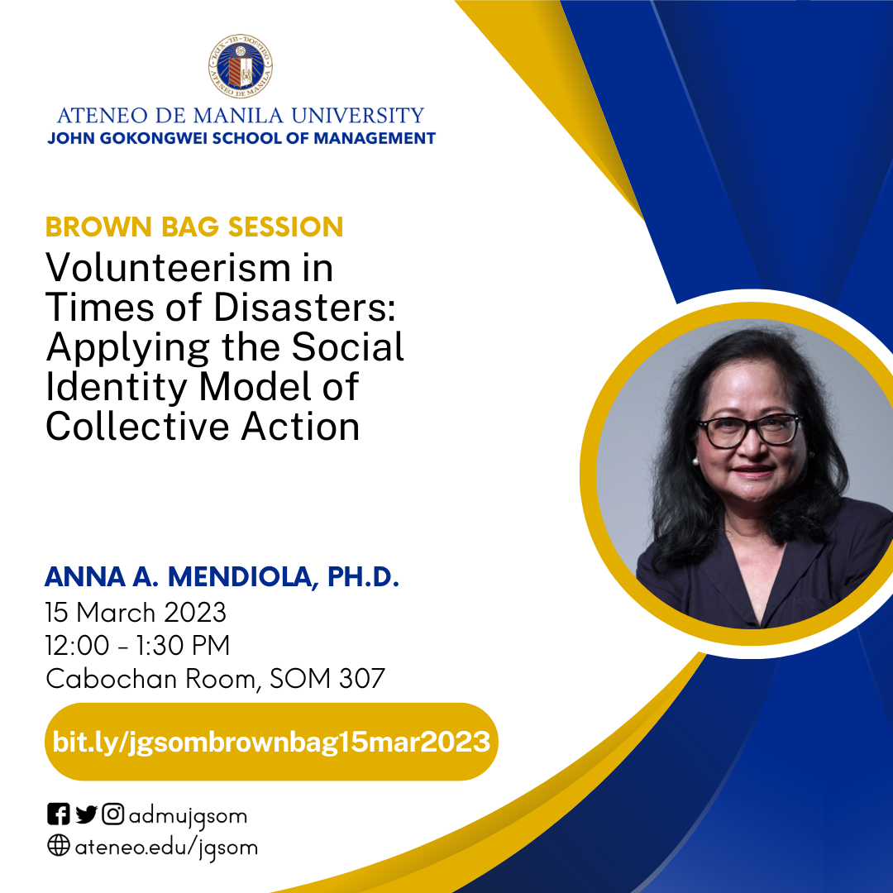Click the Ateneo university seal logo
pyautogui.click(x=241, y=67)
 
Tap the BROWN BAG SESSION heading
pyautogui.click(x=194, y=227)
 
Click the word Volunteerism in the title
pyautogui.click(x=190, y=268)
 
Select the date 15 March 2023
pyautogui.click(x=136, y=613)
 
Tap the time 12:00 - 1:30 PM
pyautogui.click(x=137, y=646)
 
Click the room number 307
pyautogui.click(x=362, y=679)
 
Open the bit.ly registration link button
pyautogui.click(x=271, y=742)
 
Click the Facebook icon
pyautogui.click(x=59, y=815)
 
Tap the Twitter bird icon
pyautogui.click(x=86, y=815)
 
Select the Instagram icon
pyautogui.click(x=113, y=815)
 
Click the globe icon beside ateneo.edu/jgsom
pyautogui.click(x=59, y=847)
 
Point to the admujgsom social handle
pyautogui.click(x=188, y=816)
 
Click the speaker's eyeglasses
pyautogui.click(x=749, y=427)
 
